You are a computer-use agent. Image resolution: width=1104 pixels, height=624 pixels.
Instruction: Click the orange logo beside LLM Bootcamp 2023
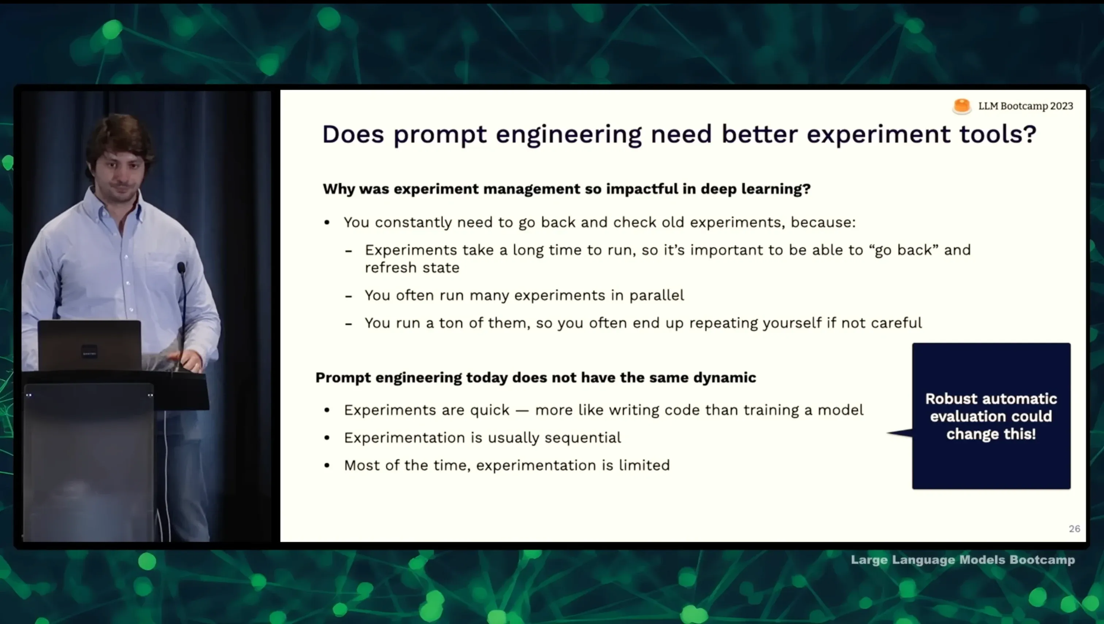pos(962,106)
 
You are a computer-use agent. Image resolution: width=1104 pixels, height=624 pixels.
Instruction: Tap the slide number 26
pos(1074,529)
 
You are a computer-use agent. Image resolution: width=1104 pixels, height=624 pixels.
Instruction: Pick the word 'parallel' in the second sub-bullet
pos(656,296)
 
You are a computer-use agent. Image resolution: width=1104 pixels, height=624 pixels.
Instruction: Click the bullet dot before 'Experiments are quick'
pos(327,411)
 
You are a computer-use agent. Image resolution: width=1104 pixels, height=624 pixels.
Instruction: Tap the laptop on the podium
pos(89,346)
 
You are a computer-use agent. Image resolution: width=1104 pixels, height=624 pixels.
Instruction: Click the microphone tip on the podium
pos(181,268)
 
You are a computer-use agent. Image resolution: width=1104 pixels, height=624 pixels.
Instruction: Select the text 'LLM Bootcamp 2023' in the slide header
pos(1026,106)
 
